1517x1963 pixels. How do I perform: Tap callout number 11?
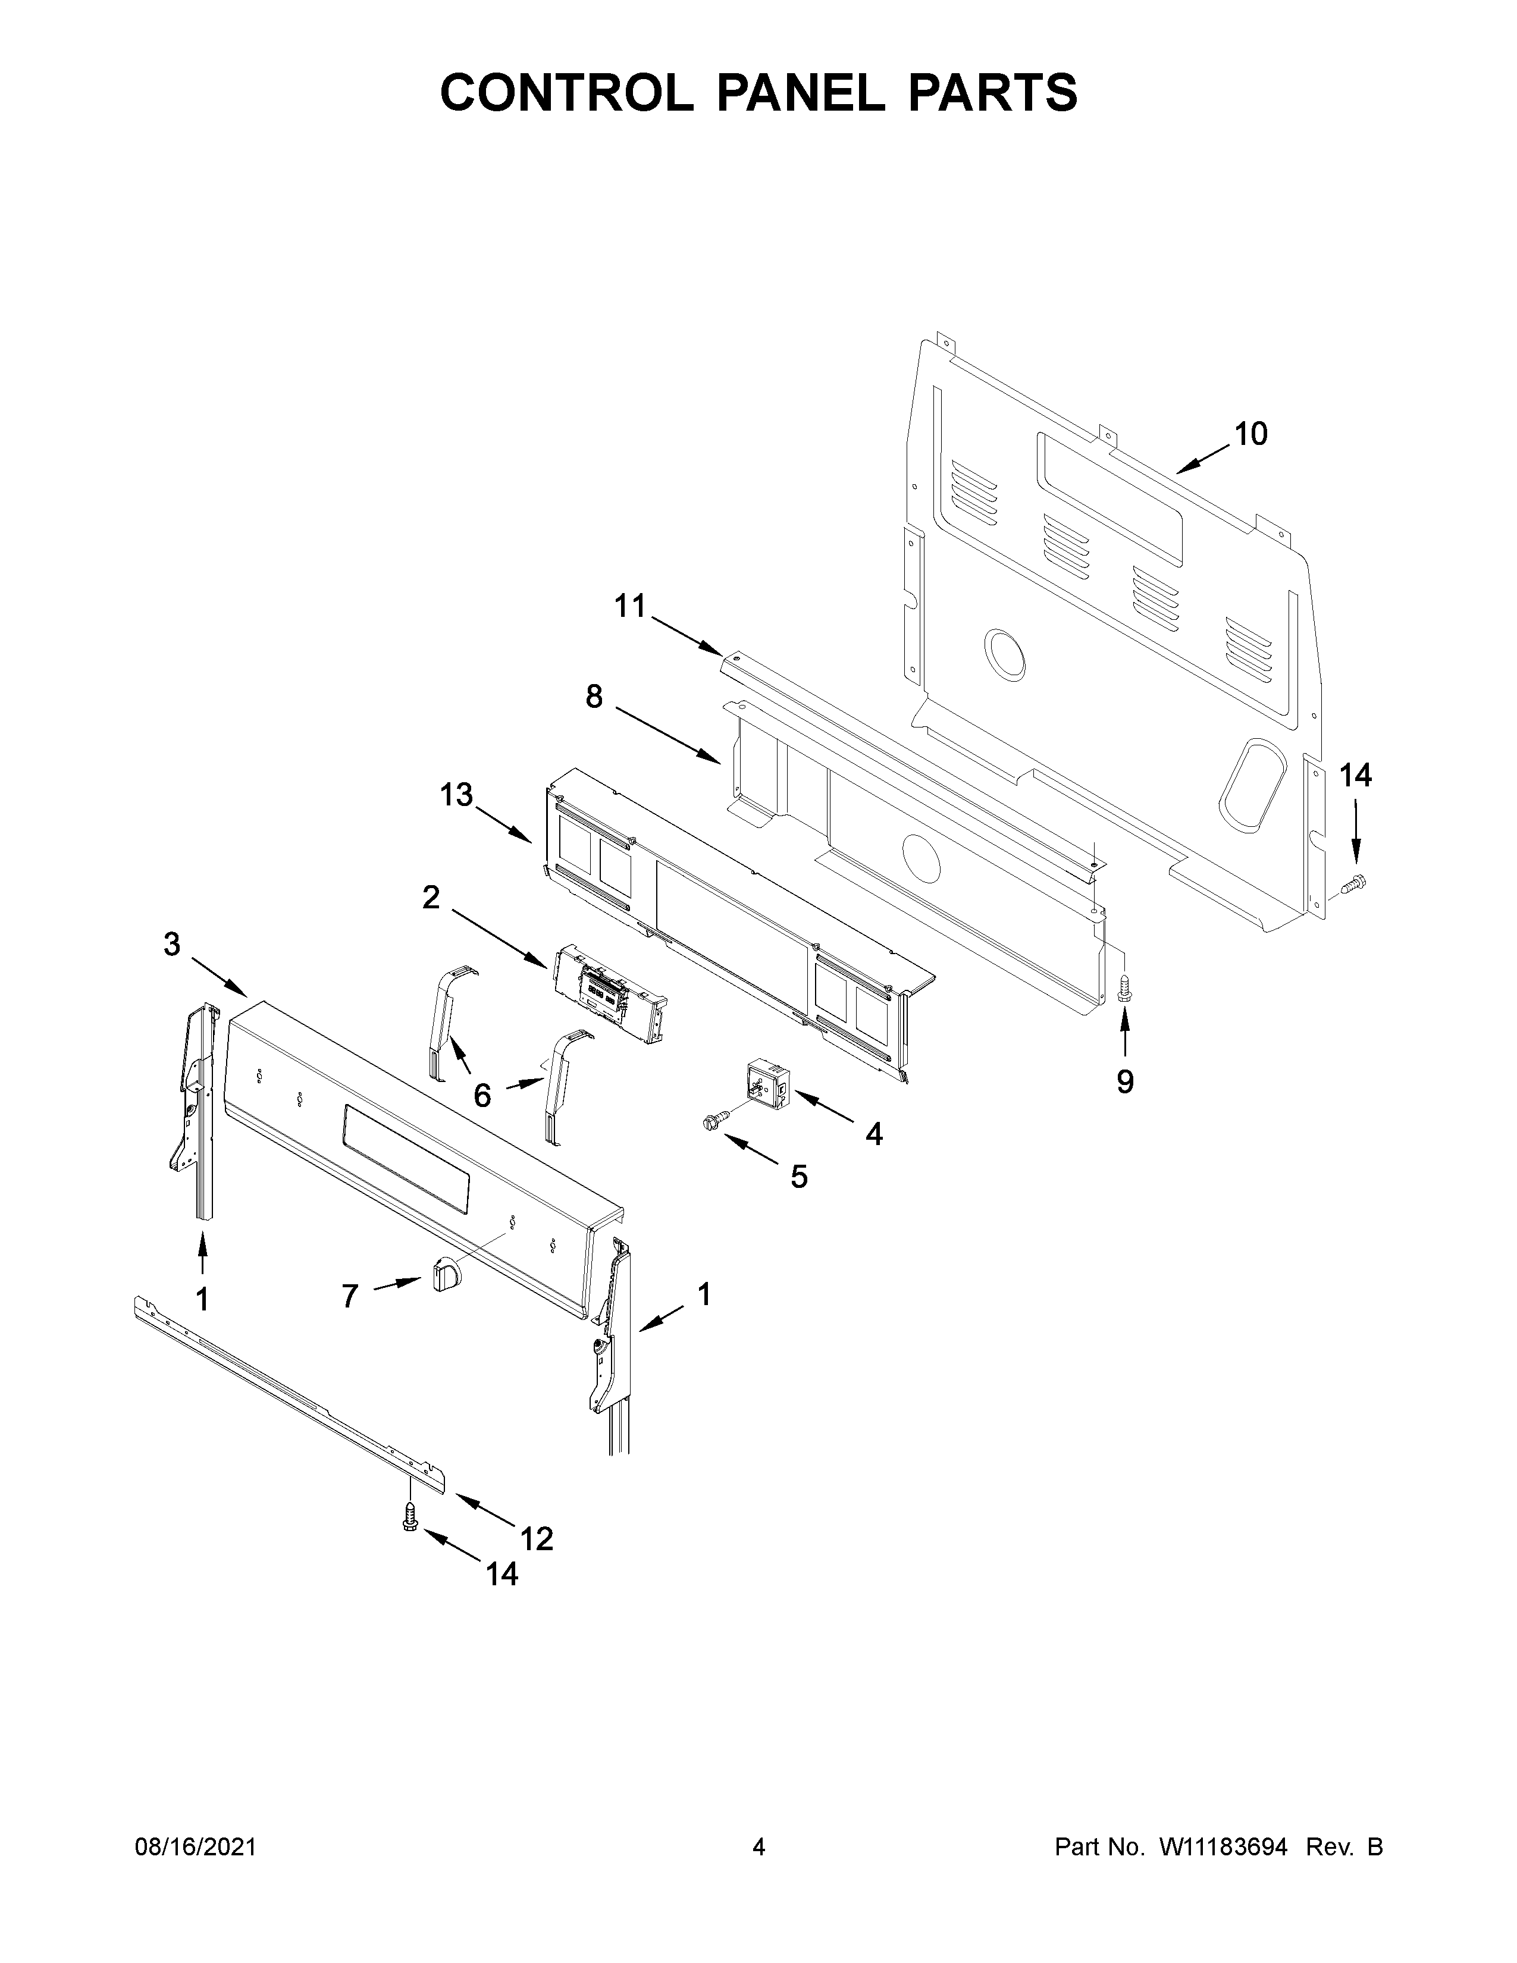point(630,607)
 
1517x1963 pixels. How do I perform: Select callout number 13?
point(456,795)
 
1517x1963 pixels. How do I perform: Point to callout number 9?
point(1124,1082)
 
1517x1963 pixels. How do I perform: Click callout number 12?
point(537,1539)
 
